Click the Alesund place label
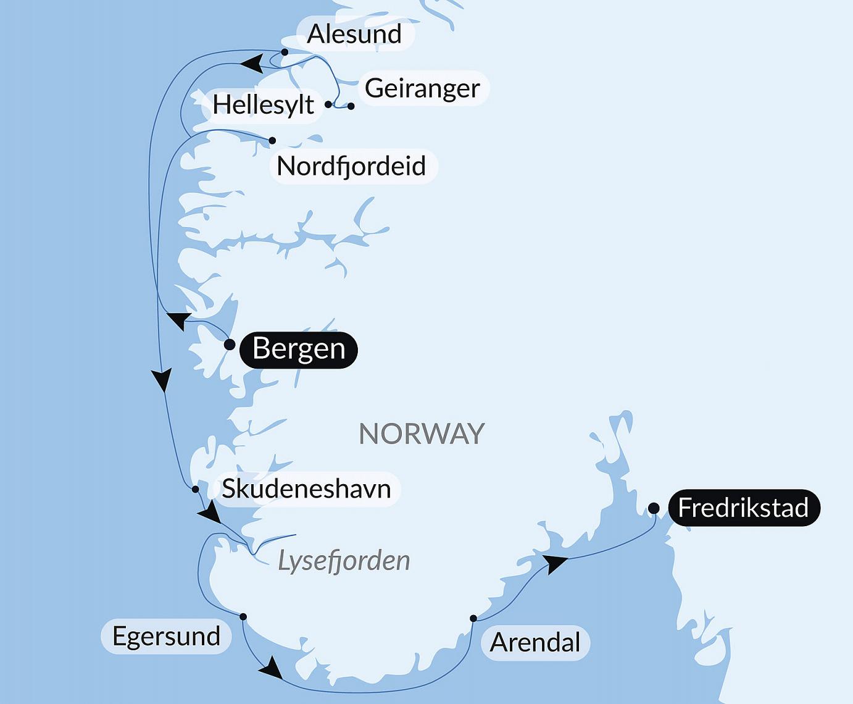point(354,34)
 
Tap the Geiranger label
point(423,88)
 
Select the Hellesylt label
point(263,105)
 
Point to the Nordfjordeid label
point(352,166)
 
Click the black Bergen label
point(299,349)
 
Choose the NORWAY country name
point(422,434)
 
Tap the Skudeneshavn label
point(306,489)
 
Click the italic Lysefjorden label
point(344,561)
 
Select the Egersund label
point(166,637)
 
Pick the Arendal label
point(535,643)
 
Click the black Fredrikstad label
point(743,508)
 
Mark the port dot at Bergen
point(230,345)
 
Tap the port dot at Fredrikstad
point(654,508)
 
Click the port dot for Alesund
point(285,52)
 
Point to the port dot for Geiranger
point(351,106)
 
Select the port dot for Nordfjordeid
point(272,141)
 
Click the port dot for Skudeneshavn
point(196,489)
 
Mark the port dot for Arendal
point(473,618)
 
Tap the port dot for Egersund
point(243,617)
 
